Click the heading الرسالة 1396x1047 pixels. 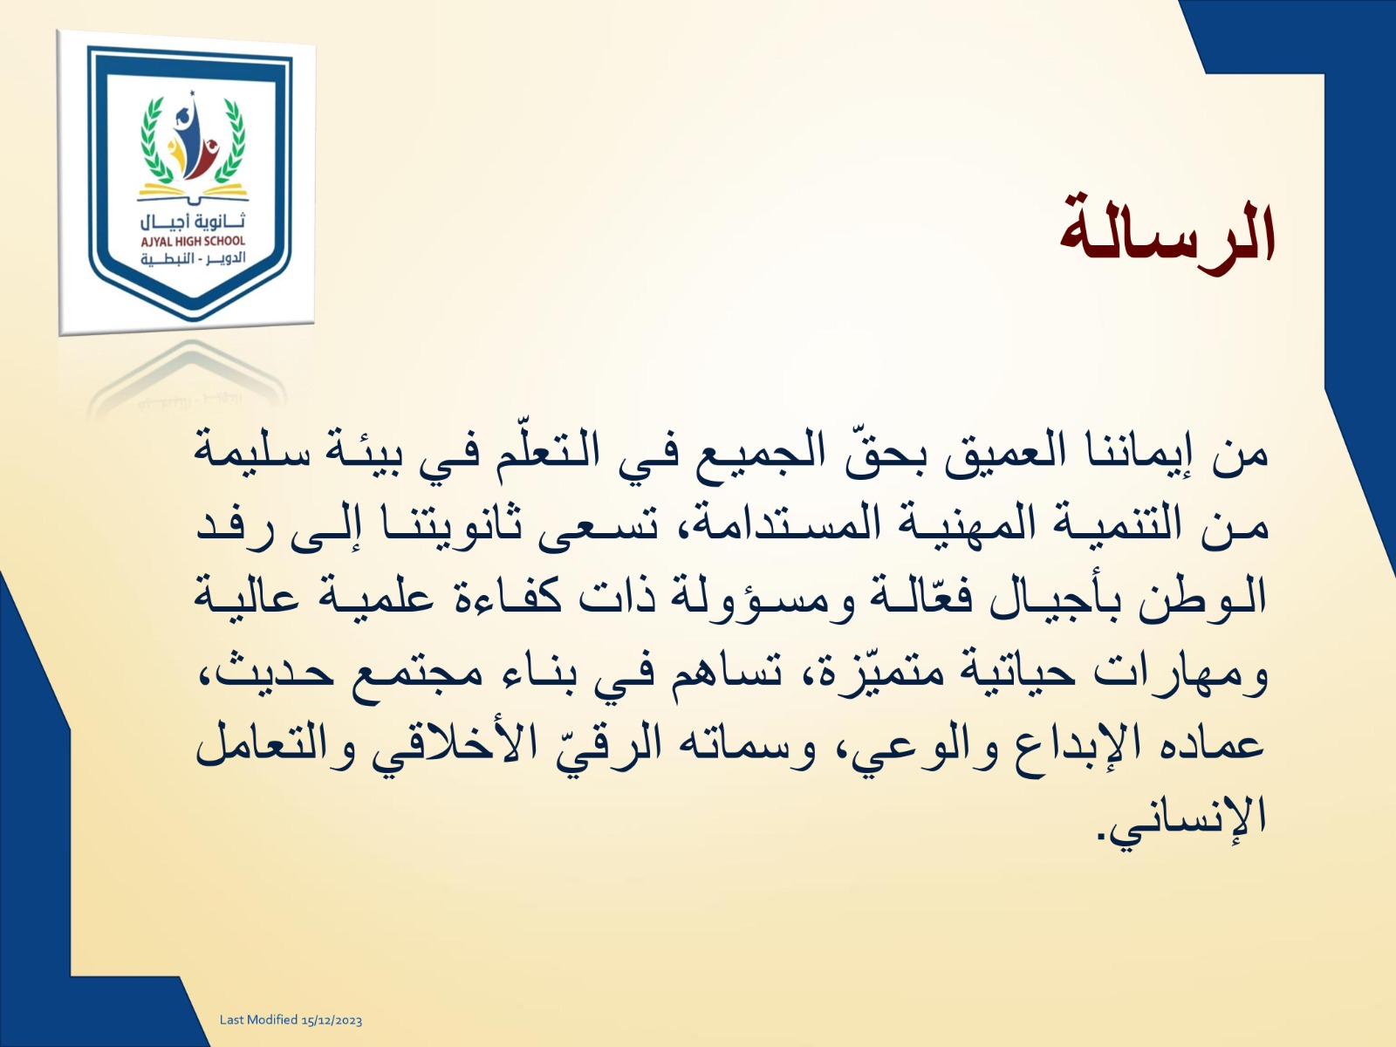click(x=1167, y=236)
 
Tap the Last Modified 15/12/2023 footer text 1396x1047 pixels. click(x=291, y=1020)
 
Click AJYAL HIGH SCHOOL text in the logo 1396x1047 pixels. click(x=194, y=242)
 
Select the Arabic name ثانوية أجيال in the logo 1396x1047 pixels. click(x=194, y=222)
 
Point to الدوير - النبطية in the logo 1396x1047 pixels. click(x=194, y=259)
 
